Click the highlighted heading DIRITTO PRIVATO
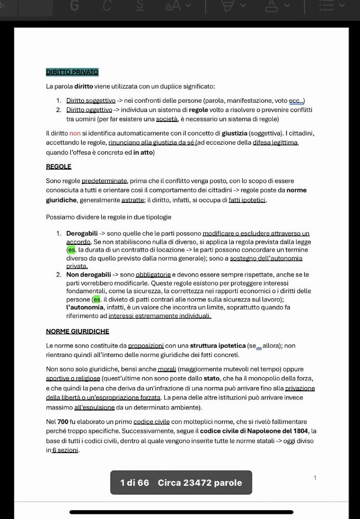[x=72, y=72]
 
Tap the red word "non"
[x=75, y=133]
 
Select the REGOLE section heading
[x=59, y=167]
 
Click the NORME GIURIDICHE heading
[x=77, y=331]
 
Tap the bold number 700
[x=63, y=422]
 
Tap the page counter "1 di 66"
[x=135, y=483]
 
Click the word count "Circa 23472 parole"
[x=200, y=483]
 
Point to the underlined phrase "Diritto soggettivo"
[x=91, y=101]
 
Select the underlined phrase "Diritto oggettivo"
[x=89, y=110]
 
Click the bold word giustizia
[x=234, y=133]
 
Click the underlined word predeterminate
[x=104, y=181]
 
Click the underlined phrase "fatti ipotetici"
[x=247, y=200]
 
